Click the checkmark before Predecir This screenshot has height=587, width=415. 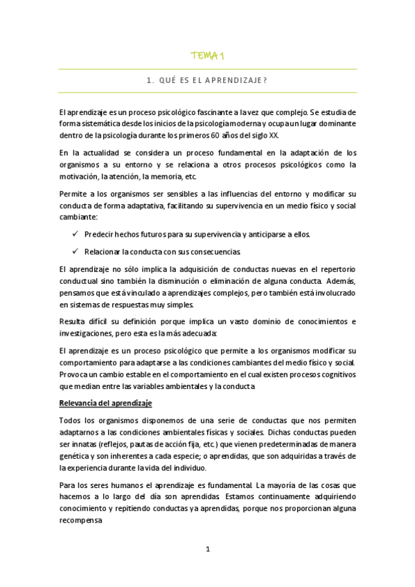pos(75,234)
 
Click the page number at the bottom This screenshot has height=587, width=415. pos(207,550)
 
